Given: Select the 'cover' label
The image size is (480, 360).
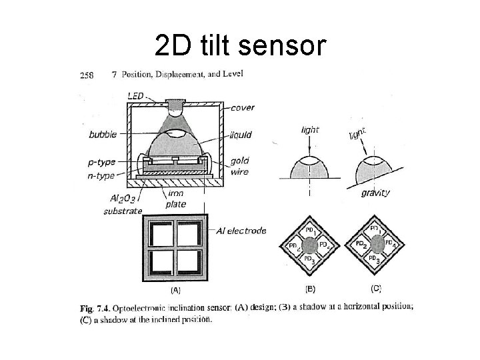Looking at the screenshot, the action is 243,108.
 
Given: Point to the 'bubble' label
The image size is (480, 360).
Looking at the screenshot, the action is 103,135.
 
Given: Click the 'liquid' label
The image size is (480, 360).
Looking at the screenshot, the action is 241,135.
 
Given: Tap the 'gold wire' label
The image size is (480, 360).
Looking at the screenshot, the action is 241,167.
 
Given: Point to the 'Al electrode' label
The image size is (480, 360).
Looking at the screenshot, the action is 241,231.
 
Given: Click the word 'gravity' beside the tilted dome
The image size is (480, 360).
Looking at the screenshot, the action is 375,193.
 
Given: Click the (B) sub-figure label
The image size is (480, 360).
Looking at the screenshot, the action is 311,289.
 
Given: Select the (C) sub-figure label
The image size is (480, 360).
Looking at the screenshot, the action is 376,289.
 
